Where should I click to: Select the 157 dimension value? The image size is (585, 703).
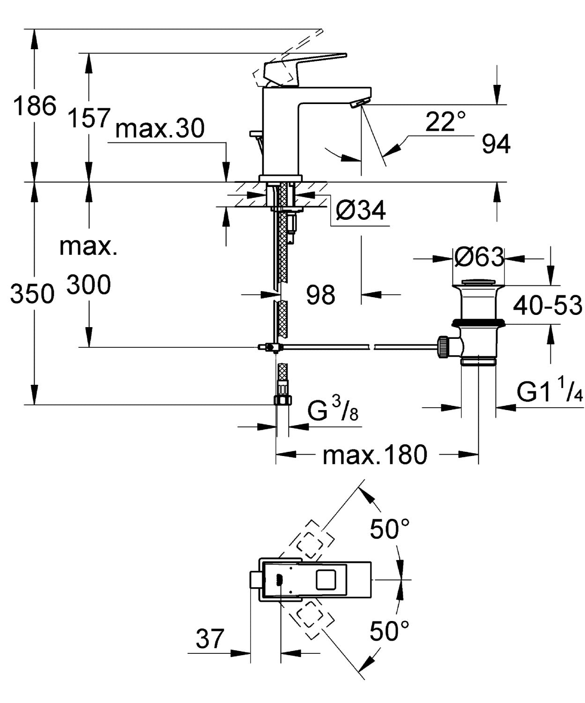coord(89,117)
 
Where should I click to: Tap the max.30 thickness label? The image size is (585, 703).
coord(160,128)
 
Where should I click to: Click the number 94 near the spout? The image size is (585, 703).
coord(496,144)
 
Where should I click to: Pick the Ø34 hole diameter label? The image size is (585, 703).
coord(361,210)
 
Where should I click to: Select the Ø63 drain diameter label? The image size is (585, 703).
coord(479,257)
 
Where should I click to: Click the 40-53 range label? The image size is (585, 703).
coord(547,306)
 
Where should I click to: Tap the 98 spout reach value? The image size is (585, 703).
coord(321,295)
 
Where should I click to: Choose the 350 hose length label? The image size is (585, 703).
coord(32,294)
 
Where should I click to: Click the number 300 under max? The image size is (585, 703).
coord(89,284)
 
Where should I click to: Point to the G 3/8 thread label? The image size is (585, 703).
coord(333,411)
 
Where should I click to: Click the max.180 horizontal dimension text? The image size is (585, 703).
coord(375,454)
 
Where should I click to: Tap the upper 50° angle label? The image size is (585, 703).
coord(390,529)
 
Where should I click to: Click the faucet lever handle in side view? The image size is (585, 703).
coord(304,66)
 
